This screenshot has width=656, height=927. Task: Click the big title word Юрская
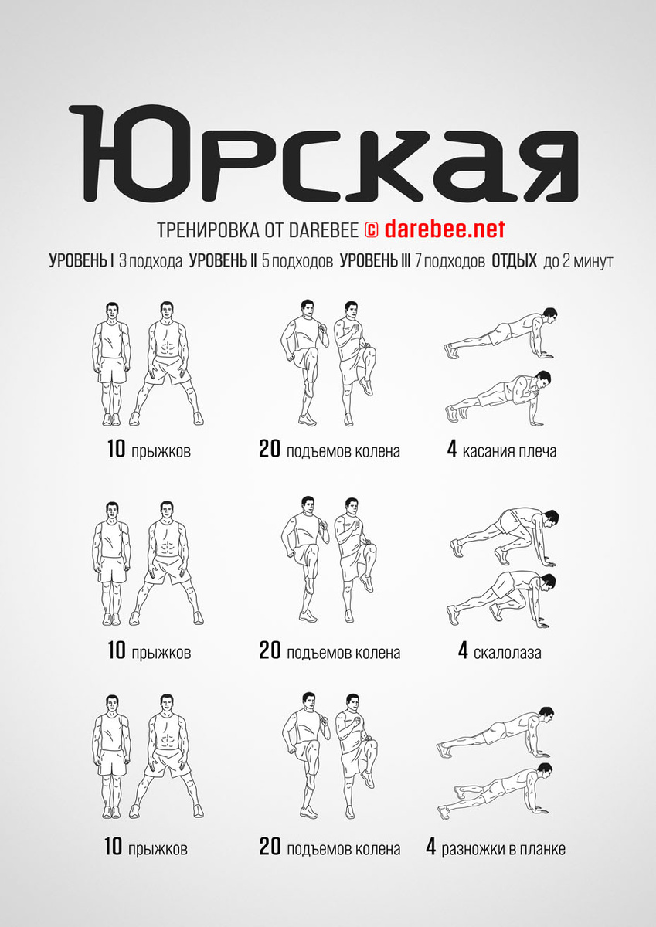(x=323, y=152)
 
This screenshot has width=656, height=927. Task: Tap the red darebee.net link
(x=445, y=229)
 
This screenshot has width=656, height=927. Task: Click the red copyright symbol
(x=371, y=230)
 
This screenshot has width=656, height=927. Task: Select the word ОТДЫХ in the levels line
(x=514, y=261)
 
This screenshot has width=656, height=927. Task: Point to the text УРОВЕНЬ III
(x=375, y=261)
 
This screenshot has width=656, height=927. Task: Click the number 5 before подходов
(x=266, y=261)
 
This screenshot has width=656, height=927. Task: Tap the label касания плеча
(x=509, y=451)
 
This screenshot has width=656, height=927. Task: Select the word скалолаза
(x=507, y=653)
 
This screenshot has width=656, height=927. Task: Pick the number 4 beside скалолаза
(x=463, y=651)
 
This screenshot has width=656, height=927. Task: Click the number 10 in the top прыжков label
(x=117, y=449)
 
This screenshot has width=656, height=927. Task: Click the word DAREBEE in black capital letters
(x=324, y=230)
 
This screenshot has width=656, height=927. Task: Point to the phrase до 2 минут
(x=578, y=262)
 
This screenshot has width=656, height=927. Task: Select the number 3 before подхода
(x=123, y=261)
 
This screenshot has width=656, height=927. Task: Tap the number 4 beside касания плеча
(x=451, y=449)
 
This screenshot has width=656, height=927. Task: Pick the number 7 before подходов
(x=419, y=261)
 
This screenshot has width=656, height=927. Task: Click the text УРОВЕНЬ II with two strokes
(x=223, y=261)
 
